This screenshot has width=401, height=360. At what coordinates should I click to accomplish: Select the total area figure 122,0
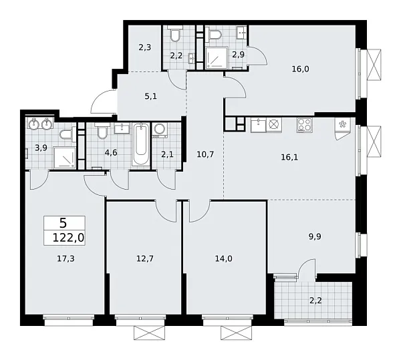[x=63, y=237]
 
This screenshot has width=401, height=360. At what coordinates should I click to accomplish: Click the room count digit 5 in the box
[x=63, y=222]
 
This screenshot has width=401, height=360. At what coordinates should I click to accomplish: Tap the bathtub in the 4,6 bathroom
[x=141, y=145]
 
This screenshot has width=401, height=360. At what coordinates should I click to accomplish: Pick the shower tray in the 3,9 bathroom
[x=63, y=157]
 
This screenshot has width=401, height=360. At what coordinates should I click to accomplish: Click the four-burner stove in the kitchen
[x=304, y=124]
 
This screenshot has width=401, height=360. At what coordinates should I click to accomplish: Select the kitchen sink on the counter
[x=258, y=125]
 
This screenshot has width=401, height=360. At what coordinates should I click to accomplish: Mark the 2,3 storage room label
[x=144, y=47]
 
